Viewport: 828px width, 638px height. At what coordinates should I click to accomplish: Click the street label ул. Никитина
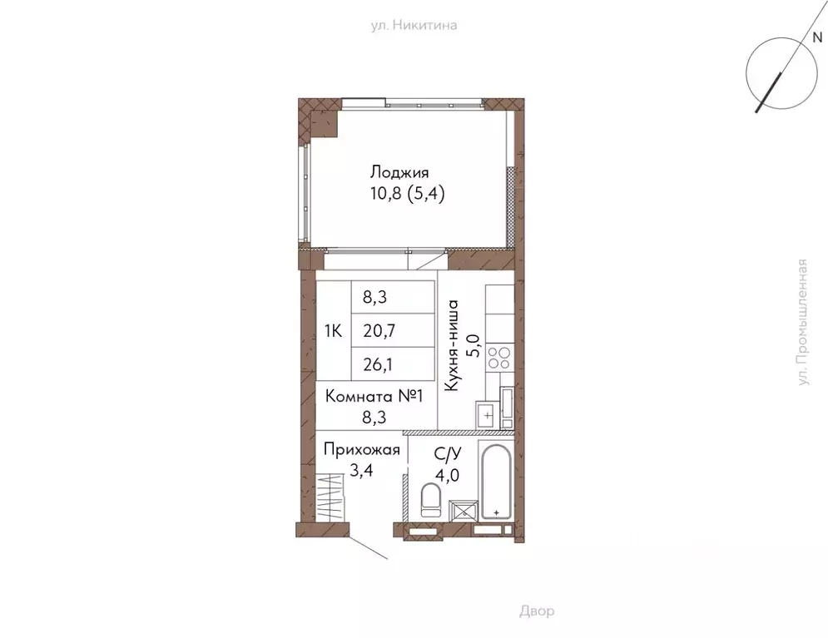414,25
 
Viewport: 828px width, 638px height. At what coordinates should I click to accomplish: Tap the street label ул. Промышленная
802,334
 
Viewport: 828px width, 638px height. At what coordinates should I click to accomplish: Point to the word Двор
537,611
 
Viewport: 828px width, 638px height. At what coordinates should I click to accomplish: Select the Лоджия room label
399,173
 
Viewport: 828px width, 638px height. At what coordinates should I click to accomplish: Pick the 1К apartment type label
333,331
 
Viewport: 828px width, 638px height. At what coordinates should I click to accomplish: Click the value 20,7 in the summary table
379,331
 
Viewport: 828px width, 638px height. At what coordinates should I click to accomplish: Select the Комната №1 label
374,396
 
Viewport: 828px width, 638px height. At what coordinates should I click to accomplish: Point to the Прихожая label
362,450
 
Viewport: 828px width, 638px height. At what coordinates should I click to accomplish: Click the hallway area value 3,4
338,469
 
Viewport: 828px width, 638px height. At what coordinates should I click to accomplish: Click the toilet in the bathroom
430,502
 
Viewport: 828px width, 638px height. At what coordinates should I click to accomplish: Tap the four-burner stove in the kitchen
499,358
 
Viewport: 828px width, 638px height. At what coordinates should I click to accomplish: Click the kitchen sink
486,412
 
